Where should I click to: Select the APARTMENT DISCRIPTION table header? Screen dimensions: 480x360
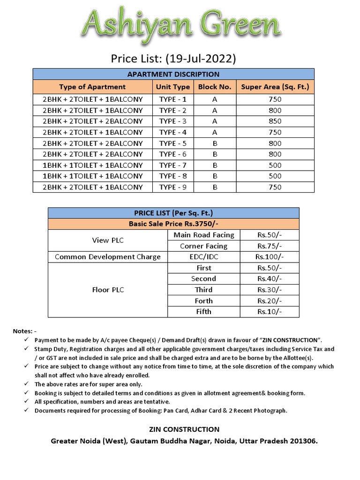coord(173,74)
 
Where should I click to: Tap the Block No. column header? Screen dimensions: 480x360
coord(215,87)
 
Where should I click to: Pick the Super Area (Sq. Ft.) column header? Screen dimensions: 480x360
coord(275,87)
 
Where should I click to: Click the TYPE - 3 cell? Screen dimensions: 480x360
coord(172,121)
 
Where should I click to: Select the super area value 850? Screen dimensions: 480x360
coord(275,121)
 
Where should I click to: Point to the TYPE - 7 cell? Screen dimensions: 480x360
coord(172,165)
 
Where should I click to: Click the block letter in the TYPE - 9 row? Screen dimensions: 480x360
coord(215,187)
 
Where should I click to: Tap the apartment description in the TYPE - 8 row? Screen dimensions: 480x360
coord(93,176)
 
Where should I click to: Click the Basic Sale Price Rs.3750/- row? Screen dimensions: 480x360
coord(173,224)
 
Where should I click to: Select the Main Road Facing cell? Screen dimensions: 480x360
coord(203,235)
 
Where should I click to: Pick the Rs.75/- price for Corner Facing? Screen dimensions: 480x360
coord(270,246)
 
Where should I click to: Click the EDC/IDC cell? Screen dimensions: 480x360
coord(203,257)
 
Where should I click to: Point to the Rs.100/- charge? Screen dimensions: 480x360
coord(270,257)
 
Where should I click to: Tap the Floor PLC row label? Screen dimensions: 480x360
coord(108,290)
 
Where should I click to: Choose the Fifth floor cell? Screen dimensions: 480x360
coord(203,312)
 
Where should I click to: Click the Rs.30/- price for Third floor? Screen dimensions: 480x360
coord(270,290)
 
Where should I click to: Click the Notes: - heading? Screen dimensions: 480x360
coord(22,331)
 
